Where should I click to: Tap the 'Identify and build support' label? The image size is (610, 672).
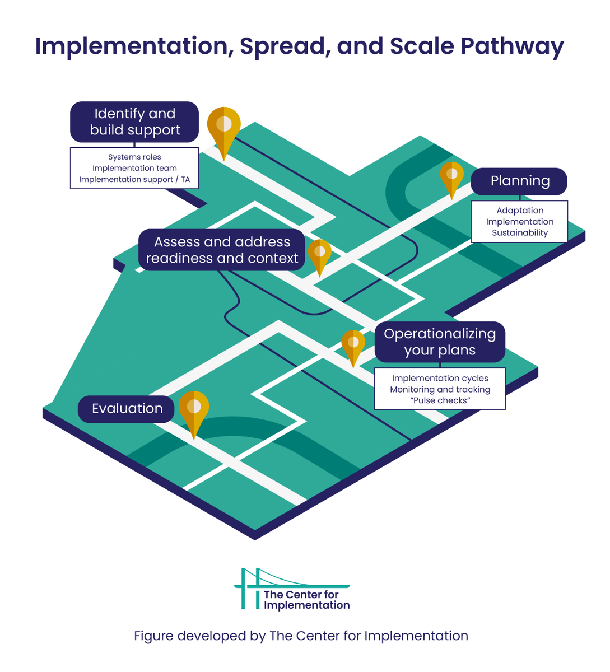click(134, 122)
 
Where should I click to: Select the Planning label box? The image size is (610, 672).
click(519, 181)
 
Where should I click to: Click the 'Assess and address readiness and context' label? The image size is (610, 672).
click(222, 250)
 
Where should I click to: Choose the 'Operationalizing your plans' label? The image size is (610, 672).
click(440, 342)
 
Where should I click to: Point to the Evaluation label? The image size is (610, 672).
click(127, 409)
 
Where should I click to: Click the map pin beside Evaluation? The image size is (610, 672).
click(194, 410)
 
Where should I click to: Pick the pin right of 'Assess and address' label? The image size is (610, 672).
click(319, 254)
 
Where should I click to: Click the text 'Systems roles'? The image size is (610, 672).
click(134, 157)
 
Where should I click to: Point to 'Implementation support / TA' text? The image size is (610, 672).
click(134, 180)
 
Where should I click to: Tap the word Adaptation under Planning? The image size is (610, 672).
click(520, 211)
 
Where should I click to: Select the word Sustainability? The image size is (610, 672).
click(520, 233)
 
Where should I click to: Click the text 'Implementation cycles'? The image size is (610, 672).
click(440, 379)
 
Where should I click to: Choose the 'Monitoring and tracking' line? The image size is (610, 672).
click(440, 390)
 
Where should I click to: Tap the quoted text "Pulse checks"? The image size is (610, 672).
click(440, 401)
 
